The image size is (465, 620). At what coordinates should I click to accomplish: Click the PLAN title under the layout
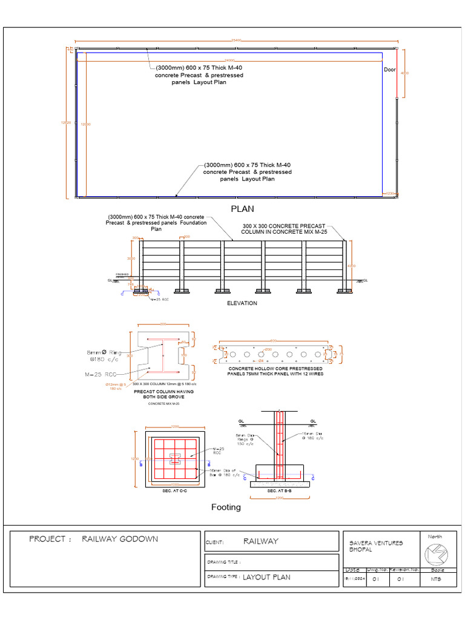[x=242, y=209]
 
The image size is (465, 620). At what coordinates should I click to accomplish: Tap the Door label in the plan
[x=389, y=70]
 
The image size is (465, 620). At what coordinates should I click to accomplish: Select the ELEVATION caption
[x=242, y=303]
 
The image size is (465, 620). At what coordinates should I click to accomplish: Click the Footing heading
[x=225, y=507]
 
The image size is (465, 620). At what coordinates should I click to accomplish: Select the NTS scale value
[x=436, y=579]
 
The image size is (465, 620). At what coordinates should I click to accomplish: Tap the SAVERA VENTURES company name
[x=376, y=543]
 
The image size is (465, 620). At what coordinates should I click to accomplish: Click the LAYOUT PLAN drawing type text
[x=266, y=577]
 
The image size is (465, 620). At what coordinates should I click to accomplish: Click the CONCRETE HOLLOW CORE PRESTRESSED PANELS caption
[x=275, y=371]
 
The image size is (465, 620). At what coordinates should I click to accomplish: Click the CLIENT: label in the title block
[x=215, y=542]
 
